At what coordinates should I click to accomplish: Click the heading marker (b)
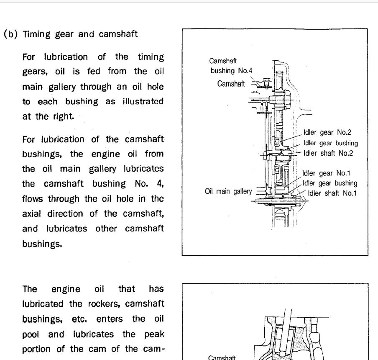[x=10, y=34]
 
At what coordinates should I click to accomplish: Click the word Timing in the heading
[x=36, y=34]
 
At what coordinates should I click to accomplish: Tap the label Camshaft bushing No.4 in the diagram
[x=231, y=66]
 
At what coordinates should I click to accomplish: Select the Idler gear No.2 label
[x=327, y=132]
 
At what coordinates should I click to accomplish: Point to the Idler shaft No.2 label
[x=328, y=153]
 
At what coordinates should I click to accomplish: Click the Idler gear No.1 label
[x=326, y=173]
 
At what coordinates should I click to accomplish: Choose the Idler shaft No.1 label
[x=332, y=193]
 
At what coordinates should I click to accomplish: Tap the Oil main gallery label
[x=228, y=191]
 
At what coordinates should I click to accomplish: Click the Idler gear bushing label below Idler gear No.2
[x=330, y=143]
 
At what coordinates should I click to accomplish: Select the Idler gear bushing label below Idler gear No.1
[x=330, y=183]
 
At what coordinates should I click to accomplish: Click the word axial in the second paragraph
[x=31, y=213]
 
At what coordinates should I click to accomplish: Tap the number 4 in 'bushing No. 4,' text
[x=160, y=184]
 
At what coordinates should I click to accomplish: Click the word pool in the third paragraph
[x=31, y=334]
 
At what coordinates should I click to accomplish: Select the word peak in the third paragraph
[x=154, y=334]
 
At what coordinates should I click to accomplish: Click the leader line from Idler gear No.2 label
[x=291, y=138]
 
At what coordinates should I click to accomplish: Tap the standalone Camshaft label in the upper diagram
[x=231, y=84]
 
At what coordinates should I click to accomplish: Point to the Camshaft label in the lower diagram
[x=222, y=357]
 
